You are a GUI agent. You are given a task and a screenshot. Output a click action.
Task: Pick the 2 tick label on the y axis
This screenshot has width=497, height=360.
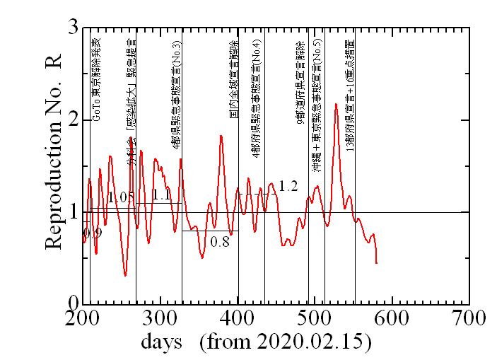[x=72, y=120]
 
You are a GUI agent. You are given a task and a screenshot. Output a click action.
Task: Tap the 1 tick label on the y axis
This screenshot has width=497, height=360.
[x=72, y=212]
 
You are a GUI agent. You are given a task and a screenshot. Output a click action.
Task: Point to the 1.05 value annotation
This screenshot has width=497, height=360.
[x=121, y=197]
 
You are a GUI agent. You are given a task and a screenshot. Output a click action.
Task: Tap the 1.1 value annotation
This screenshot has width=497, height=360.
[x=161, y=194]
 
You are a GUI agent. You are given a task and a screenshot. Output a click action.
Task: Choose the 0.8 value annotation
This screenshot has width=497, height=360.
[x=220, y=241]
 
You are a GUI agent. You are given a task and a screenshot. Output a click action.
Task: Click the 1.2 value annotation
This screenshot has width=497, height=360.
[x=288, y=186]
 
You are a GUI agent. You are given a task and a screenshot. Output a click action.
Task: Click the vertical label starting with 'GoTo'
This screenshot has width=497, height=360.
[x=96, y=75]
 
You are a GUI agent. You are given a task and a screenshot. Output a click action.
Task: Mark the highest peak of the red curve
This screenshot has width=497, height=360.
[x=336, y=104]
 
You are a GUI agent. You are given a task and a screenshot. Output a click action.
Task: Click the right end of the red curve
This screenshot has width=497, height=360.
[x=377, y=263]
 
